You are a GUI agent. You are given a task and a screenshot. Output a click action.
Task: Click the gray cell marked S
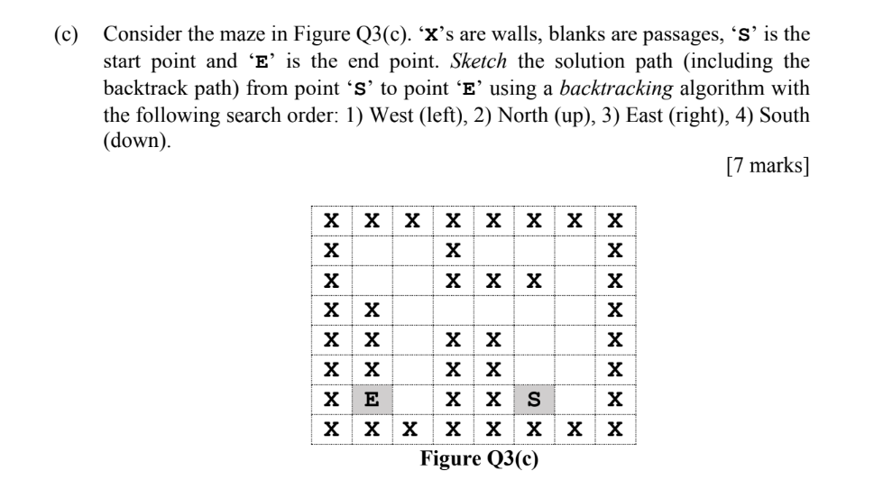point(534,397)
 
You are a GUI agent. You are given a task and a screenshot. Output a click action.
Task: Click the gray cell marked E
point(370,397)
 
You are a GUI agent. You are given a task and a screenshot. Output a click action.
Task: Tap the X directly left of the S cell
point(493,397)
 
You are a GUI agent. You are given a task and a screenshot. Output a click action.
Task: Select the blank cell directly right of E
point(410,397)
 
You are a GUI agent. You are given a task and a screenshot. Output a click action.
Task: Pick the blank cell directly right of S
point(575,397)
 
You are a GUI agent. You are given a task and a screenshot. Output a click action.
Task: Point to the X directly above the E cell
point(370,368)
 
